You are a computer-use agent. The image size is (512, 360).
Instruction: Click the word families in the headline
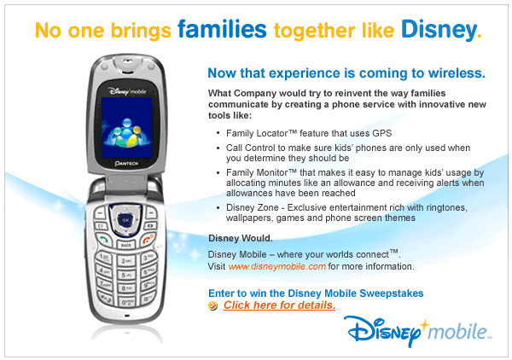click(222, 29)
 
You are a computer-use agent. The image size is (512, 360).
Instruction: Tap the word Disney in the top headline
click(439, 30)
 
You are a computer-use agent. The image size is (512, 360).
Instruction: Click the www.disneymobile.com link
click(276, 266)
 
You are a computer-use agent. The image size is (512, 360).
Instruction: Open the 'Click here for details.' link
click(279, 305)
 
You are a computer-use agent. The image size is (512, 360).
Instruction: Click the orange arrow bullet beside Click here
click(212, 305)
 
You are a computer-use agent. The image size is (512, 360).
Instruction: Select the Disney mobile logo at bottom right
click(418, 331)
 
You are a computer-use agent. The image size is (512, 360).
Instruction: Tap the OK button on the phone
click(125, 220)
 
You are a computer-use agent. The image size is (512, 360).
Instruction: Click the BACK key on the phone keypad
click(126, 245)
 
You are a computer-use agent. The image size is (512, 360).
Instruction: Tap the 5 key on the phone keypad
click(126, 275)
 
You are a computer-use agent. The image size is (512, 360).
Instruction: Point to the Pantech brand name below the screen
click(126, 163)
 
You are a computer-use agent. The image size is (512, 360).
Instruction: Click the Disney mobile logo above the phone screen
click(127, 91)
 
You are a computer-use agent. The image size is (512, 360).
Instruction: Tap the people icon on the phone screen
click(126, 132)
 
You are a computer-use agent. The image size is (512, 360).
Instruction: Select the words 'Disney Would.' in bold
click(241, 238)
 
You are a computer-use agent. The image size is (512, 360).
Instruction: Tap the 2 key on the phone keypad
click(126, 261)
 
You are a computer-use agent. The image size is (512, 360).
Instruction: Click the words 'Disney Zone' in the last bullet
click(252, 207)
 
